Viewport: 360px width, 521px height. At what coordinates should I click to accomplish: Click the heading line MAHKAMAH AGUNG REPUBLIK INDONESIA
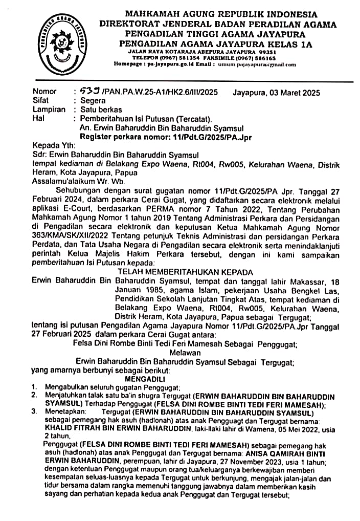click(221, 14)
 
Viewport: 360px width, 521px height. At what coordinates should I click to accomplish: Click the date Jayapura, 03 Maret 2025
click(276, 93)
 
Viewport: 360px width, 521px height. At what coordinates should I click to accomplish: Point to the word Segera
click(93, 101)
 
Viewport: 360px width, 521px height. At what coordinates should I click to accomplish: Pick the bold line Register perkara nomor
click(166, 137)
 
